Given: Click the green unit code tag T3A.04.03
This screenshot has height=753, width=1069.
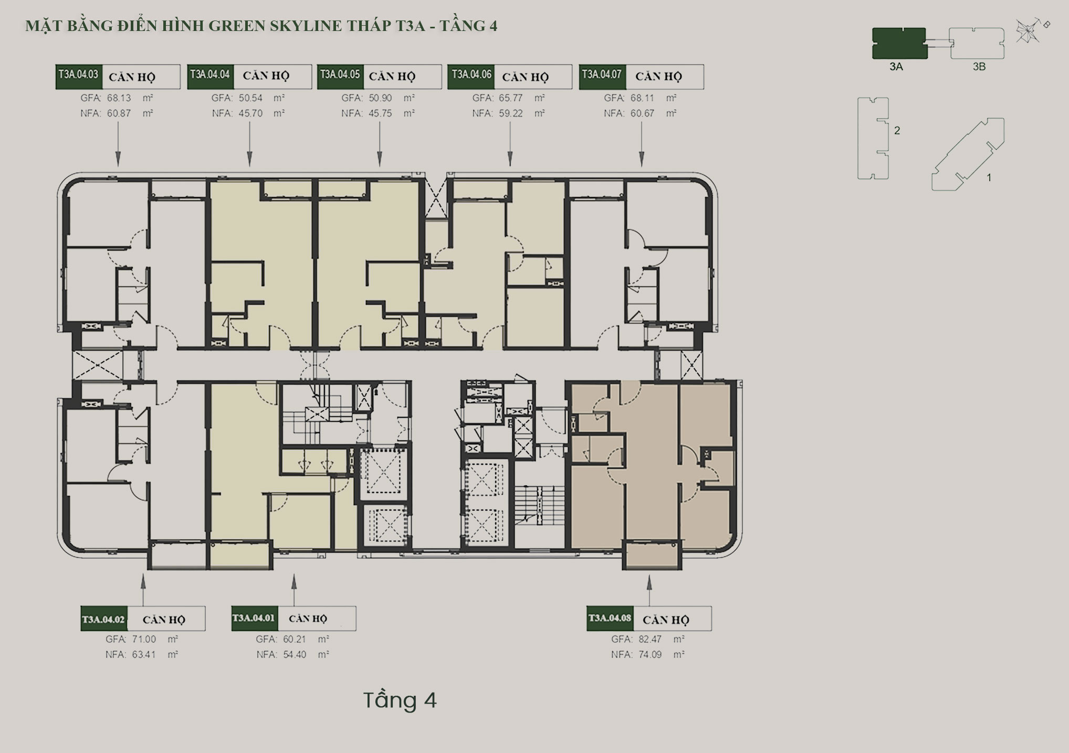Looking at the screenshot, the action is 79,77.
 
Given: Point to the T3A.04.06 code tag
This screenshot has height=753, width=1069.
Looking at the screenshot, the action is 471,77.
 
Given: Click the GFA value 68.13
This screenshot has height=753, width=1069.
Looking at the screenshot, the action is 119,98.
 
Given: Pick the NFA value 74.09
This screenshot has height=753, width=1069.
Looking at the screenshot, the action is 650,655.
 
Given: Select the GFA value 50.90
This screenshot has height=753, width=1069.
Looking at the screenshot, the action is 380,98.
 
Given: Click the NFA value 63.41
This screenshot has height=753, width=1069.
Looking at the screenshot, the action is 144,655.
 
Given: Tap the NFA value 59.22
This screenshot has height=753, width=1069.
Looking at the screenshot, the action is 511,113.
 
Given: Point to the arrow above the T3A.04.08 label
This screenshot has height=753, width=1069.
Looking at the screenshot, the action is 649,591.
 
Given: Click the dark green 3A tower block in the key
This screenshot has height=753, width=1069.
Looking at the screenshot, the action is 899,43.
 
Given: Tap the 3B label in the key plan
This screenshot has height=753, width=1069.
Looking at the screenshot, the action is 979,67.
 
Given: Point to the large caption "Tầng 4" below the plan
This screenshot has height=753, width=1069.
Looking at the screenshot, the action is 400,700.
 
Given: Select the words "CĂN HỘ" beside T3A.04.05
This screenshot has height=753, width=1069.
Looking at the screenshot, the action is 392,77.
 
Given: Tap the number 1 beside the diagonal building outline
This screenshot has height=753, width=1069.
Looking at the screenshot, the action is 989,177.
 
